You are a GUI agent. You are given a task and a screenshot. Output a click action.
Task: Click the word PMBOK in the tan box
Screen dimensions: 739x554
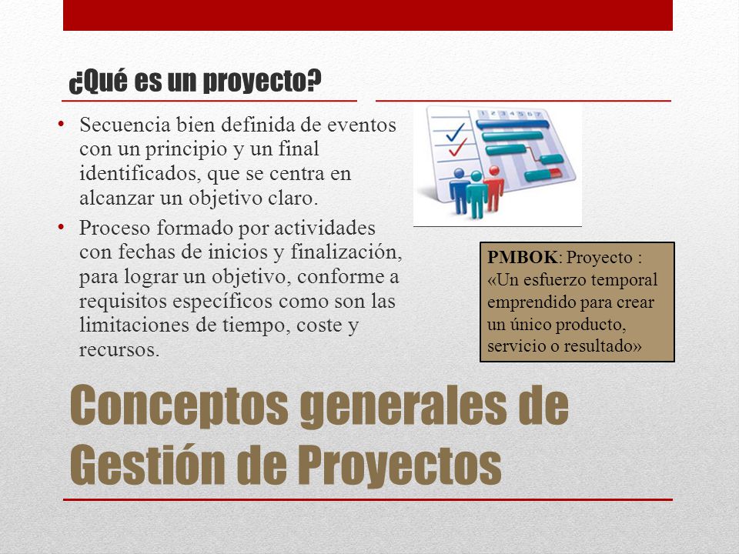pyautogui.click(x=522, y=257)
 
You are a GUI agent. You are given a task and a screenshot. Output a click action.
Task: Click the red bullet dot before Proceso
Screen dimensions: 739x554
pyautogui.click(x=61, y=227)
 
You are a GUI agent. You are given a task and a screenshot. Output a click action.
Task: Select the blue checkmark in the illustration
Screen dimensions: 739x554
pyautogui.click(x=456, y=132)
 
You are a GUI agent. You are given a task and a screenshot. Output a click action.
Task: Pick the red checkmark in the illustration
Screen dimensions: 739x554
pyautogui.click(x=457, y=147)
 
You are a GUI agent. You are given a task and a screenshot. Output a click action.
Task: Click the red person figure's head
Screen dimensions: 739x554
pyautogui.click(x=494, y=171)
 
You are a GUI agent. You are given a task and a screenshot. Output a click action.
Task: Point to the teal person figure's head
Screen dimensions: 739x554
pyautogui.click(x=476, y=177)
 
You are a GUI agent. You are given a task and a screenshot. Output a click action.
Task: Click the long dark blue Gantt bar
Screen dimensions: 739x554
pyautogui.click(x=513, y=125)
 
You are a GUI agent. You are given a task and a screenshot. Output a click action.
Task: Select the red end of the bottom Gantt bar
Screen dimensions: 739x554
pyautogui.click(x=556, y=173)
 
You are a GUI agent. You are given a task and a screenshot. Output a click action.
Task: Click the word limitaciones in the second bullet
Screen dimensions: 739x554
pyautogui.click(x=134, y=325)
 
